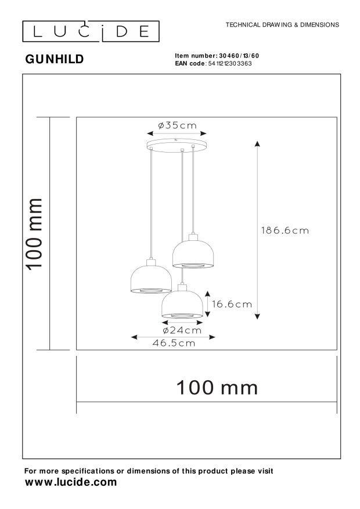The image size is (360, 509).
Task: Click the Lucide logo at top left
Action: [91, 30]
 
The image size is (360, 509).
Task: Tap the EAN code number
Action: [229, 63]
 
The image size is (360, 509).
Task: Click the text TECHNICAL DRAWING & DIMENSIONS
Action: [282, 25]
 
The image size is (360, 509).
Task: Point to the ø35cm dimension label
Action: [178, 125]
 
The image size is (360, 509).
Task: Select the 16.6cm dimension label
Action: [232, 303]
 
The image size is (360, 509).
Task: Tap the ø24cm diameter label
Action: [182, 330]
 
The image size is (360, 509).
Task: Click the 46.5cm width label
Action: [174, 343]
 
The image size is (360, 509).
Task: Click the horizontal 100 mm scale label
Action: [217, 387]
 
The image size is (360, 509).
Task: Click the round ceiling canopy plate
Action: [177, 143]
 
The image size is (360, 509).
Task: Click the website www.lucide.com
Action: [71, 482]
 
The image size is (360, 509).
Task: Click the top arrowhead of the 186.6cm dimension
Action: [258, 144]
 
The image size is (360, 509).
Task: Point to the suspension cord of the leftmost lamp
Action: [152, 203]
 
